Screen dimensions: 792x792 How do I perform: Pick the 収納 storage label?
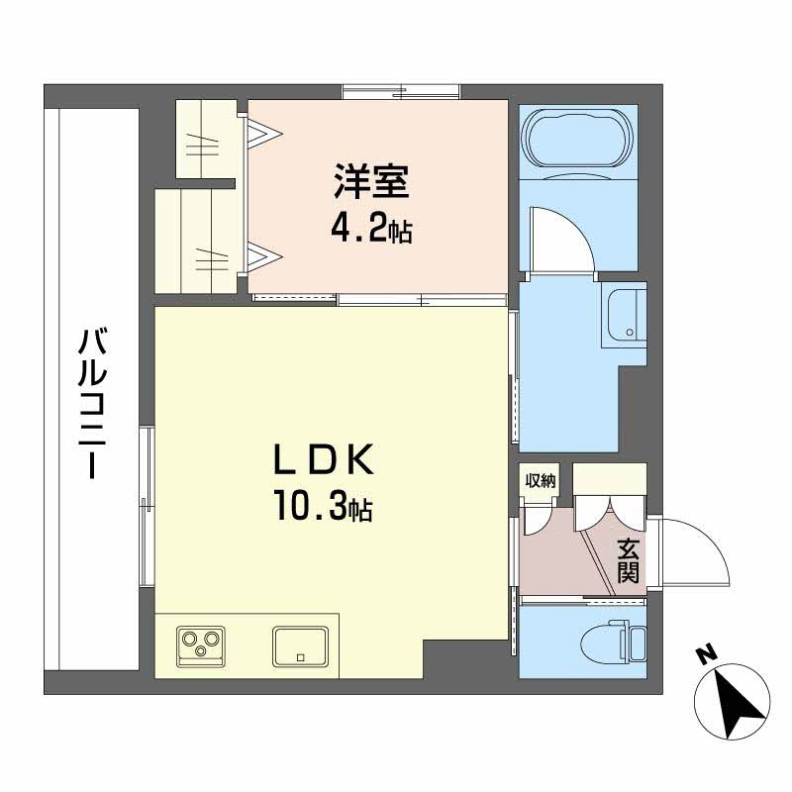pyautogui.click(x=540, y=481)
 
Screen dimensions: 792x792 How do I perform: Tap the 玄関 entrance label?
pyautogui.click(x=627, y=560)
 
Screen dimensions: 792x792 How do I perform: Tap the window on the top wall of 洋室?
pyautogui.click(x=401, y=92)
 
